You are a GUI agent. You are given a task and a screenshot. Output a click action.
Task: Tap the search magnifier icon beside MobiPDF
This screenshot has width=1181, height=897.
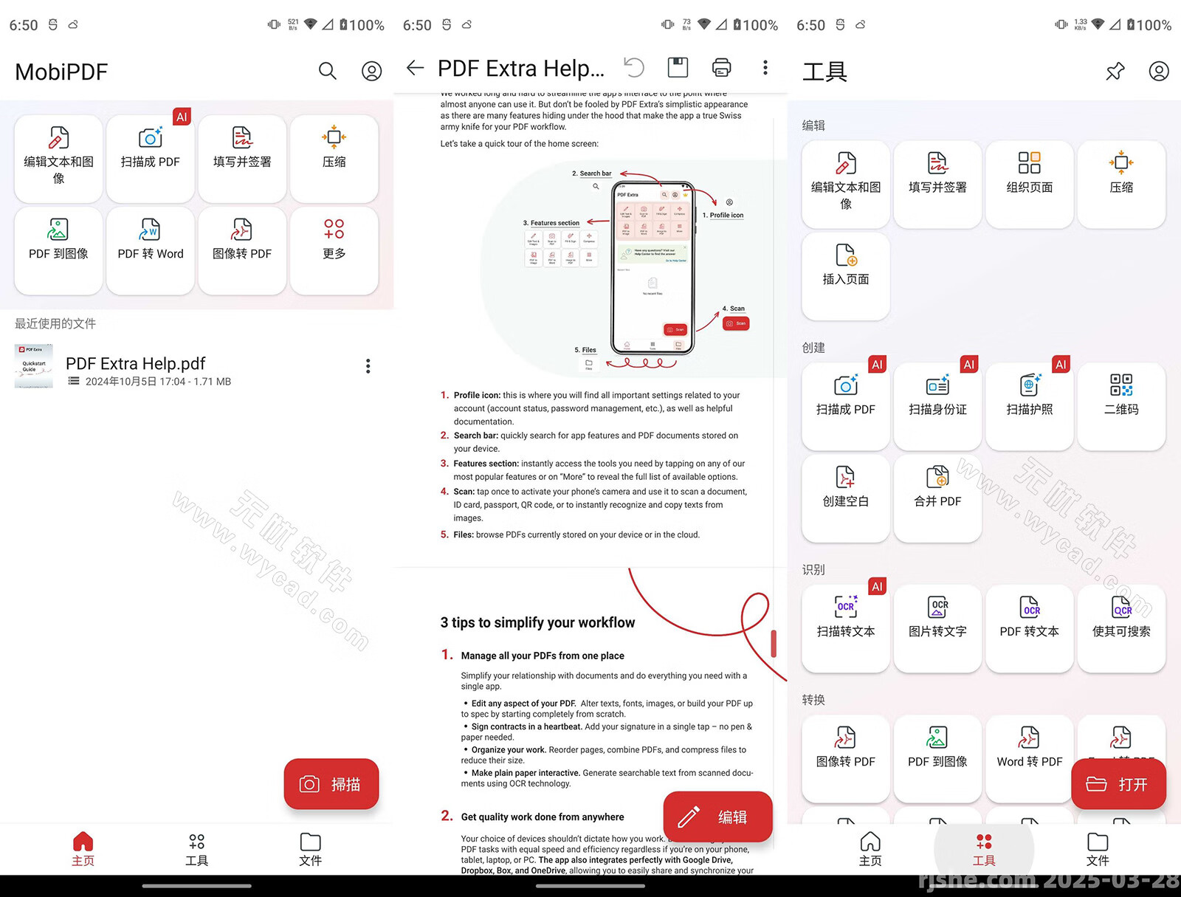click(x=327, y=71)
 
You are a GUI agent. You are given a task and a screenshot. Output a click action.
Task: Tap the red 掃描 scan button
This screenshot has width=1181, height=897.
click(x=331, y=784)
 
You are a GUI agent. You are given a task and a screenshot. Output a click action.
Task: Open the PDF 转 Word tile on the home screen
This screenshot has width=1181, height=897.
click(x=151, y=240)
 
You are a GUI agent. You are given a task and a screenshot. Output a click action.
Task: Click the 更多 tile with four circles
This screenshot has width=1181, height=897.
click(x=334, y=240)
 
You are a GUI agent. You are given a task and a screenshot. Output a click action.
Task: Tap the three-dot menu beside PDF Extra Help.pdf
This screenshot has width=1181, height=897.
click(x=368, y=366)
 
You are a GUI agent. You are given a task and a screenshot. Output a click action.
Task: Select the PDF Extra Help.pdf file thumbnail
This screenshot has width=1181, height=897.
click(x=34, y=366)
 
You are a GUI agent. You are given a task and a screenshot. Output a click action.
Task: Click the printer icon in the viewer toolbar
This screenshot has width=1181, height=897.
click(x=721, y=68)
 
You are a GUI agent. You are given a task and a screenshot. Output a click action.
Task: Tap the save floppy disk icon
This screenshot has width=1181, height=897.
click(x=678, y=68)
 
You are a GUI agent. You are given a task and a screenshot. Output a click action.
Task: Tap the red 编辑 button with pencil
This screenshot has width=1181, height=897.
click(x=717, y=817)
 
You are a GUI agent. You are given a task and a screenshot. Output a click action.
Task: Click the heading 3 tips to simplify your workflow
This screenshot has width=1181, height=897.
click(x=537, y=622)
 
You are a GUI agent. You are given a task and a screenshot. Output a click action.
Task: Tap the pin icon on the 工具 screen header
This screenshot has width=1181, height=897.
click(x=1115, y=72)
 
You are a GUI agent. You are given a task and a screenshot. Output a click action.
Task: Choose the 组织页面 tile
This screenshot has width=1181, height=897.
click(x=1029, y=173)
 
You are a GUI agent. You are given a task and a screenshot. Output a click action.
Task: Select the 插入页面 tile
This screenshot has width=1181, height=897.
click(x=846, y=266)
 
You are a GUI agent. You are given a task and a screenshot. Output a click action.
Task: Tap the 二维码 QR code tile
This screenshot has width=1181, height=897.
click(x=1120, y=396)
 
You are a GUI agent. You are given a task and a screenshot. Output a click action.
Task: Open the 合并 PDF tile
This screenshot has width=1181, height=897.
click(x=937, y=487)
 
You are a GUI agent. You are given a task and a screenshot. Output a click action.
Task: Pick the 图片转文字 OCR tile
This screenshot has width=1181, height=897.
click(x=937, y=618)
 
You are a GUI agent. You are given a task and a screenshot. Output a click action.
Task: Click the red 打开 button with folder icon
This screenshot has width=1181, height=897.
click(x=1118, y=784)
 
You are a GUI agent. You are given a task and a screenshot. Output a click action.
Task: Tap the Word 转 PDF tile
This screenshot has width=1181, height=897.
click(x=1029, y=748)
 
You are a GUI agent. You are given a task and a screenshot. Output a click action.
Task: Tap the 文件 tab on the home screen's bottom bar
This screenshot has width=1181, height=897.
click(x=310, y=849)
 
